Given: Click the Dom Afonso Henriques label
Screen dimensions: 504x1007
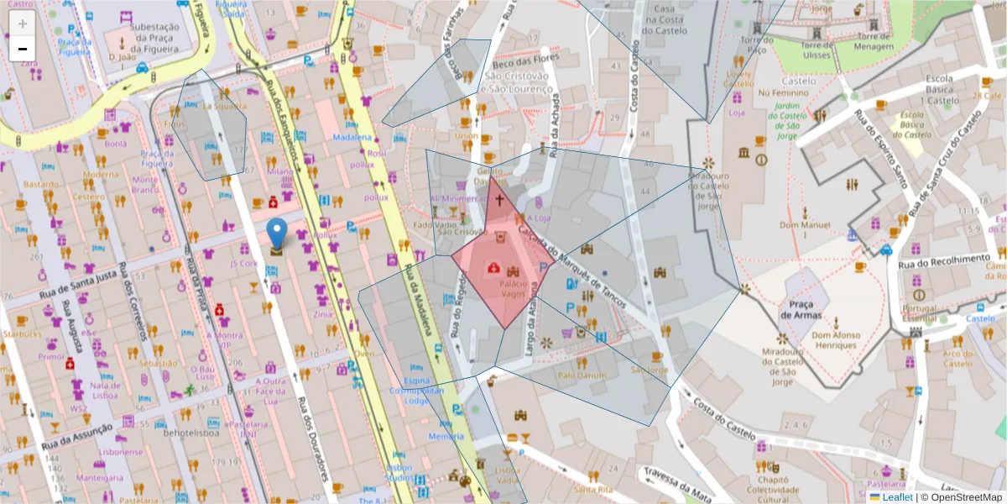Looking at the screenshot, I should tap(836, 339).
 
